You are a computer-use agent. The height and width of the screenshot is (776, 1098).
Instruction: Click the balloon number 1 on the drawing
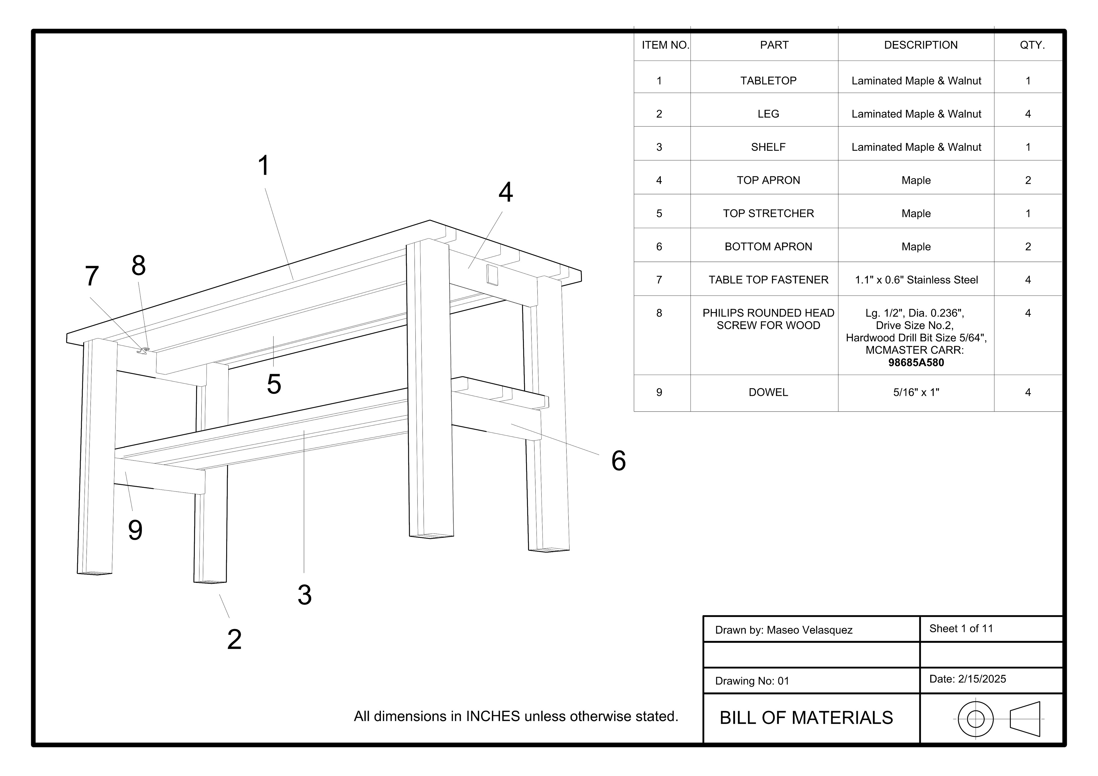264,165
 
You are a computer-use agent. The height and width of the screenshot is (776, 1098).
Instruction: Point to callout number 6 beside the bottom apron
618,461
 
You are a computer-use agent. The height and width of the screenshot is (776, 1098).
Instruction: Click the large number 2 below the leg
234,639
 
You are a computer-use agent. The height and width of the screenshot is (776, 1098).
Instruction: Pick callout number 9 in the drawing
135,530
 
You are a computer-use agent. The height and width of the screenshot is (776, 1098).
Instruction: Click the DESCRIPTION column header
921,45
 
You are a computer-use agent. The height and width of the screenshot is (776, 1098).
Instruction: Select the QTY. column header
1032,45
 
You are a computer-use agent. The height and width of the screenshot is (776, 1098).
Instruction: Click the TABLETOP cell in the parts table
768,81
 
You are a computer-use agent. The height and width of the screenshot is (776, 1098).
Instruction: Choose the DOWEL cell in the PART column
768,392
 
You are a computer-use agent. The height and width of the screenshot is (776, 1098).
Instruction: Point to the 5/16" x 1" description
916,392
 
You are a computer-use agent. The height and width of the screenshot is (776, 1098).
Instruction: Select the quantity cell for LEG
1028,114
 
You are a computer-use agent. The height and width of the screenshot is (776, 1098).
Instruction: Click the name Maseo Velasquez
809,630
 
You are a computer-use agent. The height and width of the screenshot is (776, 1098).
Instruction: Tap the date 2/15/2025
982,679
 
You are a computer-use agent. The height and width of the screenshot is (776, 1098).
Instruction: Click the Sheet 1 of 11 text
961,629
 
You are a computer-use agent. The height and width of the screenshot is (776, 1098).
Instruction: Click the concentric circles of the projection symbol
976,719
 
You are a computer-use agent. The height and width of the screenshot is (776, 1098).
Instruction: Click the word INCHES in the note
493,716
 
